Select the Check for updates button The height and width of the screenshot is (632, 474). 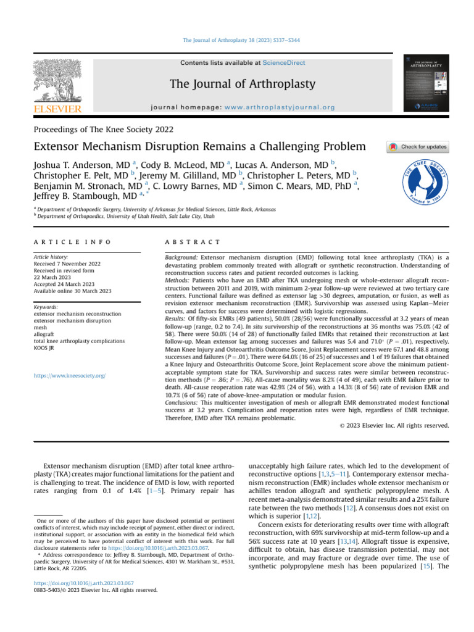[417, 147]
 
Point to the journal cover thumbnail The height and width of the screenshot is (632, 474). [425, 84]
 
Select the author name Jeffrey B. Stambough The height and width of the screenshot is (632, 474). [77, 196]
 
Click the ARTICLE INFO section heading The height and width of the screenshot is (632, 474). [72, 241]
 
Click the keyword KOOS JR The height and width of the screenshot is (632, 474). [46, 347]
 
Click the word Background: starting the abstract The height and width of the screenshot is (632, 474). [182, 256]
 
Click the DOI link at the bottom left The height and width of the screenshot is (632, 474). [85, 583]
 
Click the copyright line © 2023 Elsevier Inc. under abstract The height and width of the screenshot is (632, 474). [394, 425]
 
